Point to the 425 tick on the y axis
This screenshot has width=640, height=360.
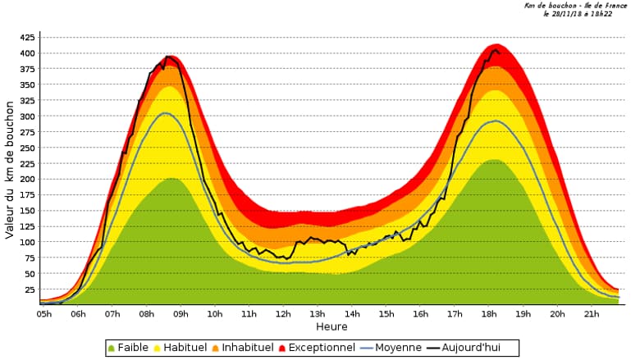tap(26, 38)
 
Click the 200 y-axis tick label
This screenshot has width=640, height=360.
tap(26, 179)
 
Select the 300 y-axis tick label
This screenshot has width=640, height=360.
tap(26, 116)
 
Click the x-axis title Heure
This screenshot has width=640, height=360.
tap(331, 326)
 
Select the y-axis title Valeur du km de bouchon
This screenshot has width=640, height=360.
tap(10, 170)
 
